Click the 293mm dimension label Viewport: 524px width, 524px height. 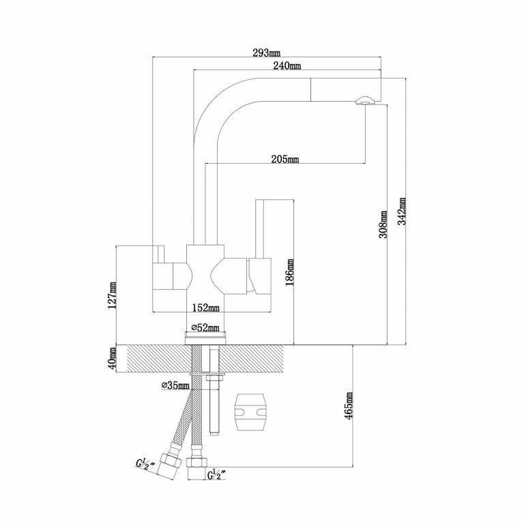pyautogui.click(x=266, y=53)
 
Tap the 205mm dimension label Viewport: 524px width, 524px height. pyautogui.click(x=285, y=160)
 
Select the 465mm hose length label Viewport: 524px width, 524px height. pyautogui.click(x=350, y=407)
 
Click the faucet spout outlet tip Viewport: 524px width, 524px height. pyautogui.click(x=364, y=102)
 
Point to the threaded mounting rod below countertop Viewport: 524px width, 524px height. pyautogui.click(x=214, y=403)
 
